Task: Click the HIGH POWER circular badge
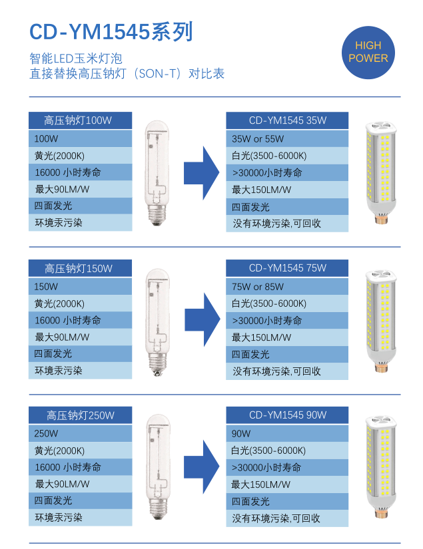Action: point(368,53)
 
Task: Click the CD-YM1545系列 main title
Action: point(111,31)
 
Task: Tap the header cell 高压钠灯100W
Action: point(80,120)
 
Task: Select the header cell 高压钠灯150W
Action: point(80,268)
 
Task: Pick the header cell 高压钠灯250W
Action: point(80,415)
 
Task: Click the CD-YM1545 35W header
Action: point(287,120)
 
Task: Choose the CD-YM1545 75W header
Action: point(287,268)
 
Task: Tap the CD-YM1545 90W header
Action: point(287,415)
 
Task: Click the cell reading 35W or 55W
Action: point(287,139)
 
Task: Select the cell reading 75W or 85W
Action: point(287,287)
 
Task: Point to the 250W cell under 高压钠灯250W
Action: point(80,433)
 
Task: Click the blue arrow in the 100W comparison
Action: point(202,172)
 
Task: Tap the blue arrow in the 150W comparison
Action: point(203,319)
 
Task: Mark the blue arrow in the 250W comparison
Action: point(202,466)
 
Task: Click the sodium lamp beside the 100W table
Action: point(157,172)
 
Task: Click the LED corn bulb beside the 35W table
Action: point(380,172)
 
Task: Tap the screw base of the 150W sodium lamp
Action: point(158,365)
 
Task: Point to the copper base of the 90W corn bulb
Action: point(380,514)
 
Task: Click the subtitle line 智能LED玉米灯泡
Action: point(76,59)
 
